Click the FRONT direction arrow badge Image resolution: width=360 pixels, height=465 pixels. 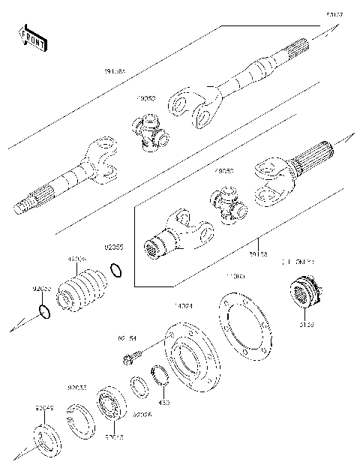33,37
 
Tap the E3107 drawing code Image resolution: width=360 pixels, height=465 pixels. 334,13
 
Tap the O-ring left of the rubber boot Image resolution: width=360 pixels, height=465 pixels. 44,311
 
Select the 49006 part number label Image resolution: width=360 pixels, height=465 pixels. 76,260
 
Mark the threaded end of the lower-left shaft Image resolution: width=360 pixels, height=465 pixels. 25,204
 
